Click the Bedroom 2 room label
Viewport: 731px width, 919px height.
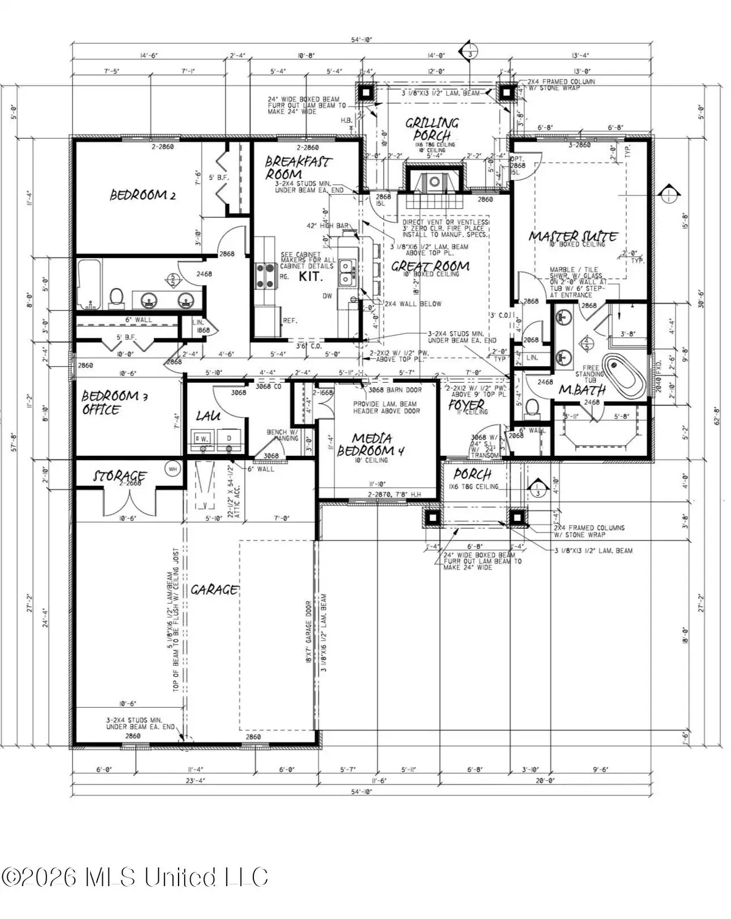point(143,195)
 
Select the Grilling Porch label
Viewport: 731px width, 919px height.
point(432,129)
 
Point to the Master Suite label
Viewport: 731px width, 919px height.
point(573,236)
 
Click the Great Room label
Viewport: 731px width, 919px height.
point(430,266)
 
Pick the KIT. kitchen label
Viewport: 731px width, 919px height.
point(310,275)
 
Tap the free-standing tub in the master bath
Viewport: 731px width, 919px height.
point(623,376)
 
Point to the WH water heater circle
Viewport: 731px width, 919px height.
point(172,469)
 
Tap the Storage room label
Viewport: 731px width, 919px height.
point(119,475)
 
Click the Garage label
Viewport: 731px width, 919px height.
point(214,589)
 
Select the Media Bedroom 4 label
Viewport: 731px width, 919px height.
point(371,445)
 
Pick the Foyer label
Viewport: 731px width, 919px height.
point(466,404)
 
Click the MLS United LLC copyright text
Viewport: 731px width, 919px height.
point(135,878)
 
